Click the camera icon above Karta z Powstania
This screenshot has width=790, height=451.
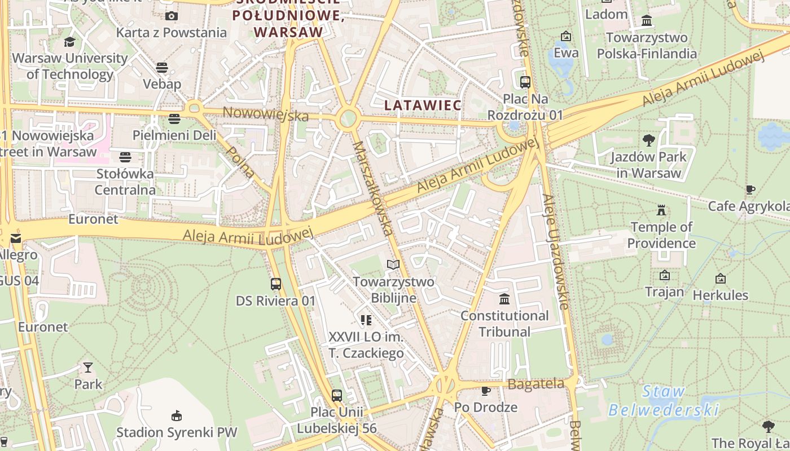(172, 16)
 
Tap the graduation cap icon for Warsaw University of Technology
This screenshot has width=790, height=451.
(69, 42)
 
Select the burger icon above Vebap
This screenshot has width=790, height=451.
(162, 68)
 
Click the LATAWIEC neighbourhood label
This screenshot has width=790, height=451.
(423, 105)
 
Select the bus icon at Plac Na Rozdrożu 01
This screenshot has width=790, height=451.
(525, 82)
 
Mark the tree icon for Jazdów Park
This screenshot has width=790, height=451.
(648, 140)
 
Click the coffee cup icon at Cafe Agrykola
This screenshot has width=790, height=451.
(750, 189)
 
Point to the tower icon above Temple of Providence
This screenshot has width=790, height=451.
(661, 210)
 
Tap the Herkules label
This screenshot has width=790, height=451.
(721, 295)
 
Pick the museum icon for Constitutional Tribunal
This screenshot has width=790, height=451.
(504, 299)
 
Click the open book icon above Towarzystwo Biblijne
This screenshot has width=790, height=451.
(393, 264)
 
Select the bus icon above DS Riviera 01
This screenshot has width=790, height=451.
(276, 284)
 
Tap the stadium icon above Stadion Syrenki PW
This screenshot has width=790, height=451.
(177, 415)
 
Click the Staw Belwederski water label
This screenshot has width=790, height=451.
(664, 401)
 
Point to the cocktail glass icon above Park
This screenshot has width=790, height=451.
(88, 368)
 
